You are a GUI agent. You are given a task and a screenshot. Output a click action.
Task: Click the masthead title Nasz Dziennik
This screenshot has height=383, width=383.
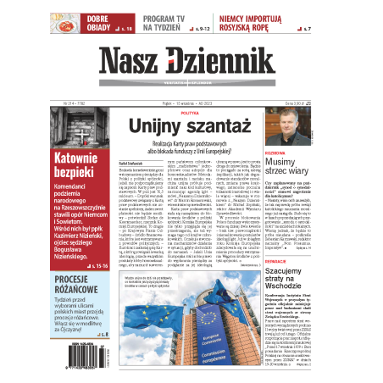[x=190, y=61]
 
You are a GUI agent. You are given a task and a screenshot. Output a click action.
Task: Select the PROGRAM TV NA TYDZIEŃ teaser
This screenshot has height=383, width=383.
[x=176, y=23]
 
